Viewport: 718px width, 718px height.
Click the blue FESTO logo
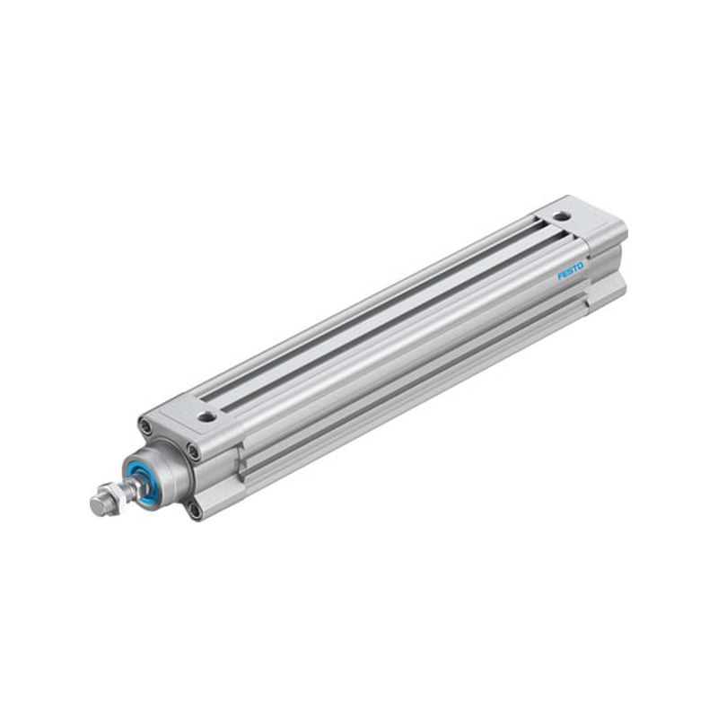(571, 270)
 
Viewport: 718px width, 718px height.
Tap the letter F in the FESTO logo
(559, 276)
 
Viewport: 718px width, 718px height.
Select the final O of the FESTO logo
(581, 266)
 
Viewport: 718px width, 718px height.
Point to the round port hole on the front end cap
(207, 416)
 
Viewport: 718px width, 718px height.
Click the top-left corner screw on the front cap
(146, 428)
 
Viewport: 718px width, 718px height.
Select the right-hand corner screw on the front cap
(194, 453)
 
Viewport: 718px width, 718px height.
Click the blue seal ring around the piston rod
(142, 481)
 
